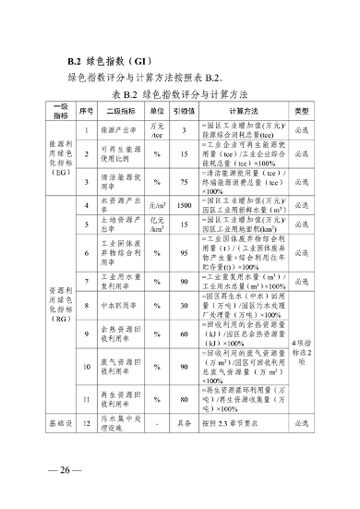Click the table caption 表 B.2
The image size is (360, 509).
[x=179, y=94]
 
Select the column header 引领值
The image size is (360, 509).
[x=185, y=110]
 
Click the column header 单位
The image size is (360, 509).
[x=158, y=110]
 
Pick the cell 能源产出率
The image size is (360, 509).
[x=117, y=130]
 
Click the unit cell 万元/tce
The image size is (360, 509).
[x=158, y=130]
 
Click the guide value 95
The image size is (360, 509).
[x=185, y=252]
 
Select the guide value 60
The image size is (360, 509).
[x=185, y=333]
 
